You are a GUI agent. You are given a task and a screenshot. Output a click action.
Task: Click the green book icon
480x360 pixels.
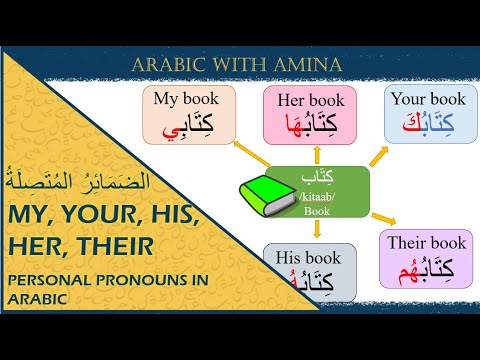point(264,193)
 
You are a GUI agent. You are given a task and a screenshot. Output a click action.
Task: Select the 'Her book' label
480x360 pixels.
point(310,101)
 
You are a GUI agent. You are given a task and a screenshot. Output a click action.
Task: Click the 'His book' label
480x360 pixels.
point(310,258)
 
